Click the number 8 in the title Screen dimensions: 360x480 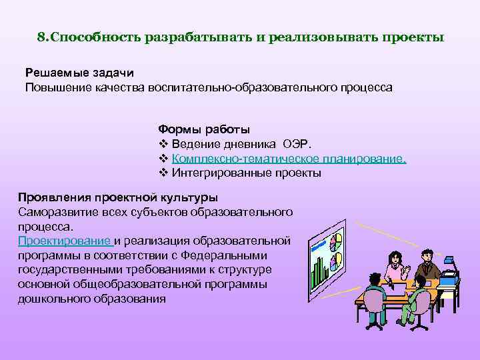[41, 37]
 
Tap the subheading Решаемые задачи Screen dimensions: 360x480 [70, 73]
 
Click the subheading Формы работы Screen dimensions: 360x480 [204, 128]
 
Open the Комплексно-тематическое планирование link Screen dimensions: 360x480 [288, 159]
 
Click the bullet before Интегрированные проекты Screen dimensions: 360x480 [163, 173]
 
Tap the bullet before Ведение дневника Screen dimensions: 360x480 [163, 144]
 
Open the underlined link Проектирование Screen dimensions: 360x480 [65, 240]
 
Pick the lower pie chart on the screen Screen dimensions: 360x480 [339, 259]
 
